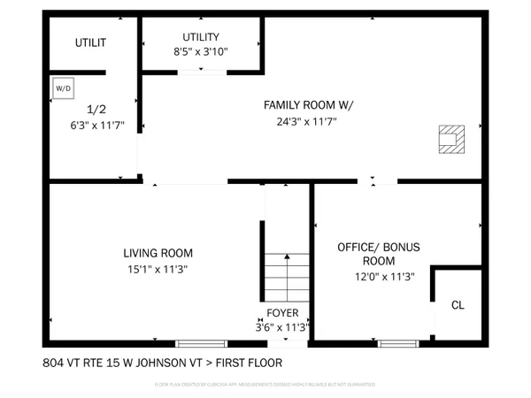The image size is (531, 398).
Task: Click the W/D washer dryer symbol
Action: pyautogui.click(x=63, y=88)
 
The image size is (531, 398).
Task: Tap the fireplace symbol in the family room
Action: pyautogui.click(x=451, y=139)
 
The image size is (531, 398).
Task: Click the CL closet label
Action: pyautogui.click(x=458, y=305)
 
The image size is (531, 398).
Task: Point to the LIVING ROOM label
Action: pyautogui.click(x=158, y=253)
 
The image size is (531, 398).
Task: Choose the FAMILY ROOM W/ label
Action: pyautogui.click(x=308, y=105)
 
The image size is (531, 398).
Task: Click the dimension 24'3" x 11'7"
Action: pyautogui.click(x=308, y=122)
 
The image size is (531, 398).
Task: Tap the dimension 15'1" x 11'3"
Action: pyautogui.click(x=158, y=269)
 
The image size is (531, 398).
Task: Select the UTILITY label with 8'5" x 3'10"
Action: pyautogui.click(x=201, y=37)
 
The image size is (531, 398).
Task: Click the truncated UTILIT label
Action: pyautogui.click(x=90, y=42)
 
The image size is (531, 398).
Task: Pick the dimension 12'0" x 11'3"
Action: pyautogui.click(x=379, y=276)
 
